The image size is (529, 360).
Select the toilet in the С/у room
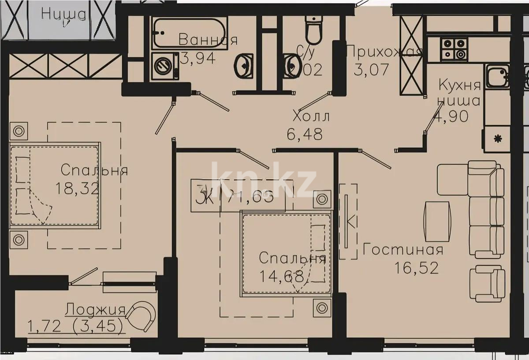pos(314,27)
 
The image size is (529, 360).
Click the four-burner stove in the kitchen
pos(454,49)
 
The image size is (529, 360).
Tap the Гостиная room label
pos(402,250)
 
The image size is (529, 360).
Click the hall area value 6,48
pos(305,134)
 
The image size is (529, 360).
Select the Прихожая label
pos(384,51)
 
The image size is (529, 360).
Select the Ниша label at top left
pos(64,14)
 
